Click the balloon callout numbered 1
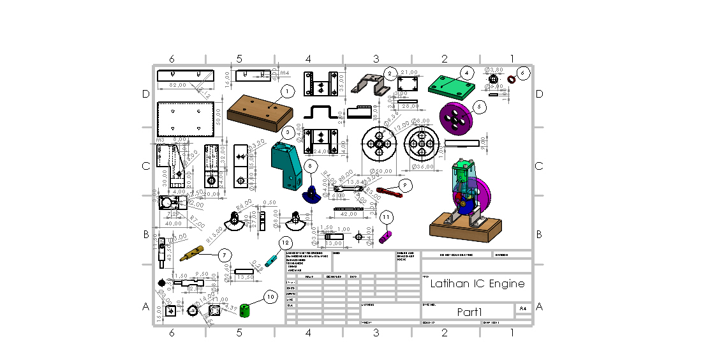click(x=288, y=91)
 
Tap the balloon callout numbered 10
click(x=270, y=297)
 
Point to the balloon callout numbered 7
click(x=224, y=255)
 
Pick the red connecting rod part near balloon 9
click(x=389, y=190)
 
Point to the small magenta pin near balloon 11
click(x=385, y=237)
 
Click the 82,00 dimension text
click(x=177, y=85)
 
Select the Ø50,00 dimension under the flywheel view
click(x=382, y=171)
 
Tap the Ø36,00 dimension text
click(x=422, y=167)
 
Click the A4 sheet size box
click(x=523, y=309)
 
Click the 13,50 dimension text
click(x=245, y=278)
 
